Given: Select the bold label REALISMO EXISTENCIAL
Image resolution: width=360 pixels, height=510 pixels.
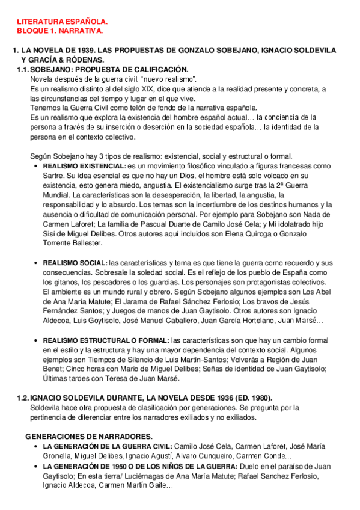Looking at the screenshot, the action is click(x=84, y=165).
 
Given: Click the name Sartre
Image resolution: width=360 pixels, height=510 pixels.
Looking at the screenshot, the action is click(x=55, y=174).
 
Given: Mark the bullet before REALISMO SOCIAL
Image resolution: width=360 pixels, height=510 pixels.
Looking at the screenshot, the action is click(x=37, y=263).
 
